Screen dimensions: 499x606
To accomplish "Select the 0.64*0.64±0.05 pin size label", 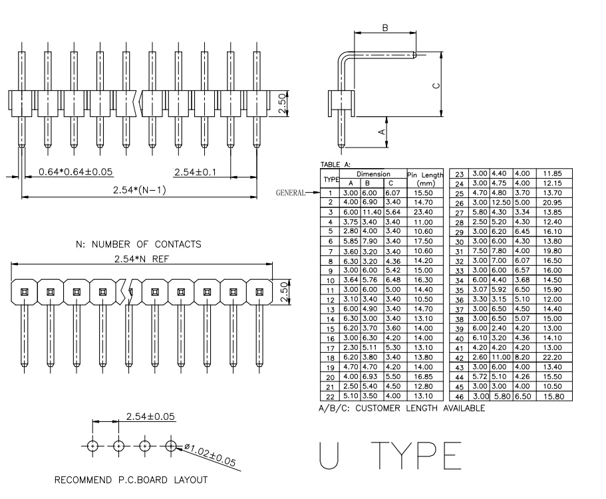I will coord(76,172).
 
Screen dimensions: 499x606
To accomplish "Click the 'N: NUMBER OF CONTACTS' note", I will coord(139,245).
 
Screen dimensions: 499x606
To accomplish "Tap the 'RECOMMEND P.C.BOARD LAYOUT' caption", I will coord(131,480).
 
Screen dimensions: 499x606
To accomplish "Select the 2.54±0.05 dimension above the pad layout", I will coord(150,417).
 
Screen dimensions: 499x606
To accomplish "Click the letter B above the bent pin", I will coord(384,28).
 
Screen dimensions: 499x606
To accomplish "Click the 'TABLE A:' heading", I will coord(335,163).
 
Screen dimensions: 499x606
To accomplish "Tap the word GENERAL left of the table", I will coord(290,193).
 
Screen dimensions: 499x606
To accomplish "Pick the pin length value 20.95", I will coord(552,201).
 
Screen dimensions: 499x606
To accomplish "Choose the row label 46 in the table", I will coord(459,397).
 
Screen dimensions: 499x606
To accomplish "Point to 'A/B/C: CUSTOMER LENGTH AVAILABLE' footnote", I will coord(402,408).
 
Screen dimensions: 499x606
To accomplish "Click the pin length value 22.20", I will coord(552,357).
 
